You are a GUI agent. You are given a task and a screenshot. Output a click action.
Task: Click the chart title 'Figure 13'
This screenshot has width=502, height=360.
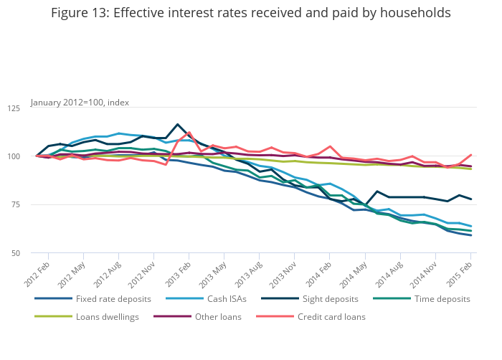[251, 14]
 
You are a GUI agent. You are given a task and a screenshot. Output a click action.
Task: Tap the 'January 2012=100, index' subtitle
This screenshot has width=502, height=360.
[80, 103]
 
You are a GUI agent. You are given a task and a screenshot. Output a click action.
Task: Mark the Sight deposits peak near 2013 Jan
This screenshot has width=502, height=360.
[178, 124]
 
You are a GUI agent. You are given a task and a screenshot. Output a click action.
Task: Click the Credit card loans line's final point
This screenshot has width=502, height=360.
[471, 154]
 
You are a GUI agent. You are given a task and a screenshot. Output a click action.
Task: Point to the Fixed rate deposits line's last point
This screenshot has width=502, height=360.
[471, 235]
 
